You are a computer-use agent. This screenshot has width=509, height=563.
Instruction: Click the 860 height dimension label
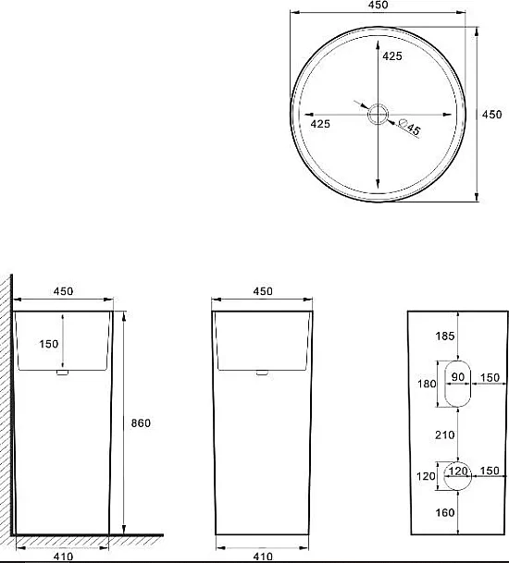[141, 423]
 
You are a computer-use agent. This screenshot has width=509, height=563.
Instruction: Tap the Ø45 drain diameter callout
[410, 127]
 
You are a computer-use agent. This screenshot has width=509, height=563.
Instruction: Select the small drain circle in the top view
[378, 115]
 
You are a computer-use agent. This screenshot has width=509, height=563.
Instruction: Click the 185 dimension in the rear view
[445, 337]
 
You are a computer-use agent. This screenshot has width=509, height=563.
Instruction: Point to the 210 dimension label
[445, 434]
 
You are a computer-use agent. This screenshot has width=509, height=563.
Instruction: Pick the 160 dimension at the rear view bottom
[445, 512]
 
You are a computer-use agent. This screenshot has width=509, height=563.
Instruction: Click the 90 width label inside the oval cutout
[458, 377]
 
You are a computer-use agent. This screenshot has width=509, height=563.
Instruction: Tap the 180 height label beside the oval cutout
[427, 384]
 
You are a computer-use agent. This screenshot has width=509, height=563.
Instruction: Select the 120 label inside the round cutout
[458, 471]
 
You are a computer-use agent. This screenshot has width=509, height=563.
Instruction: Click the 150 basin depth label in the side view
[49, 344]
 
